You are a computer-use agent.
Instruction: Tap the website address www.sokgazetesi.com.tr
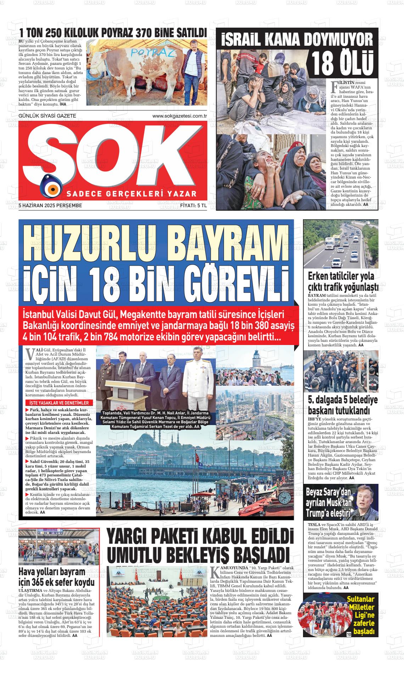point(179,116)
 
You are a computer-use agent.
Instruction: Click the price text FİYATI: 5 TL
point(193,205)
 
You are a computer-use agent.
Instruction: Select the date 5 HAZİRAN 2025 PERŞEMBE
point(50,205)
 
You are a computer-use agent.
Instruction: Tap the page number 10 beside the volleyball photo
point(349,634)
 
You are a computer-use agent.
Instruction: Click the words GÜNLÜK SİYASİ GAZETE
point(47,116)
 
